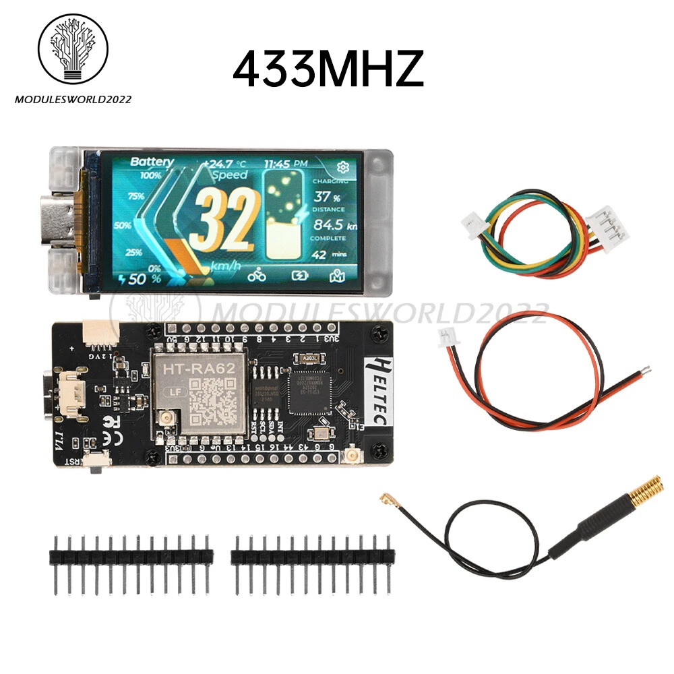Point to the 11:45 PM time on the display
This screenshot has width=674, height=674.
(x=286, y=163)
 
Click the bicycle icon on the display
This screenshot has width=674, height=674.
(x=257, y=275)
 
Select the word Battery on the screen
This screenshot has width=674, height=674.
(x=152, y=162)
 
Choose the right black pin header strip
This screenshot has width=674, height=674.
(x=311, y=556)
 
